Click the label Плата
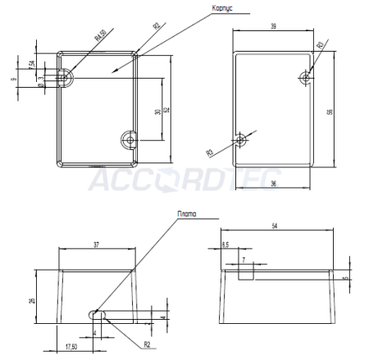tap(188, 212)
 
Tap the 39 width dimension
tap(272, 26)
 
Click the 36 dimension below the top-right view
tap(272, 183)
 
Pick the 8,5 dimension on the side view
tap(225, 244)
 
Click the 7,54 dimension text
tap(31, 64)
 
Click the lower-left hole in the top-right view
tap(240, 140)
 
